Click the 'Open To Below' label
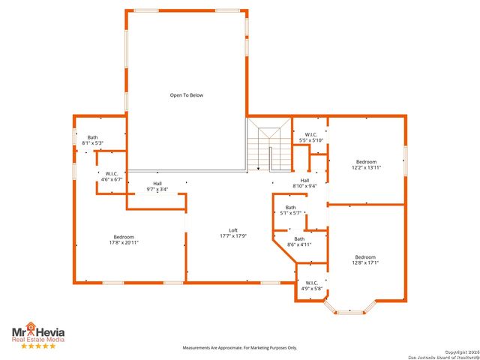[x=186, y=95]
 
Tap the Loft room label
[x=233, y=230]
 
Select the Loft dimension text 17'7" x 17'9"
[x=233, y=236]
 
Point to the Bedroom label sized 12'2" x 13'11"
[x=366, y=162]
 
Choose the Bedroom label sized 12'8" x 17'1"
[x=366, y=257]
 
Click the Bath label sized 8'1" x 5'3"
[x=92, y=137]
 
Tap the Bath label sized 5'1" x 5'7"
[x=289, y=208]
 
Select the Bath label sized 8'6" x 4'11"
[x=299, y=238]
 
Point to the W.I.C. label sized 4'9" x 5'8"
[x=313, y=283]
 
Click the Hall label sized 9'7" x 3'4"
[x=157, y=184]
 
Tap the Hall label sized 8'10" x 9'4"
[x=305, y=180]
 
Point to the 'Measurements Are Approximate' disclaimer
[x=240, y=348]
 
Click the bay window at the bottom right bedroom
[x=349, y=310]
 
